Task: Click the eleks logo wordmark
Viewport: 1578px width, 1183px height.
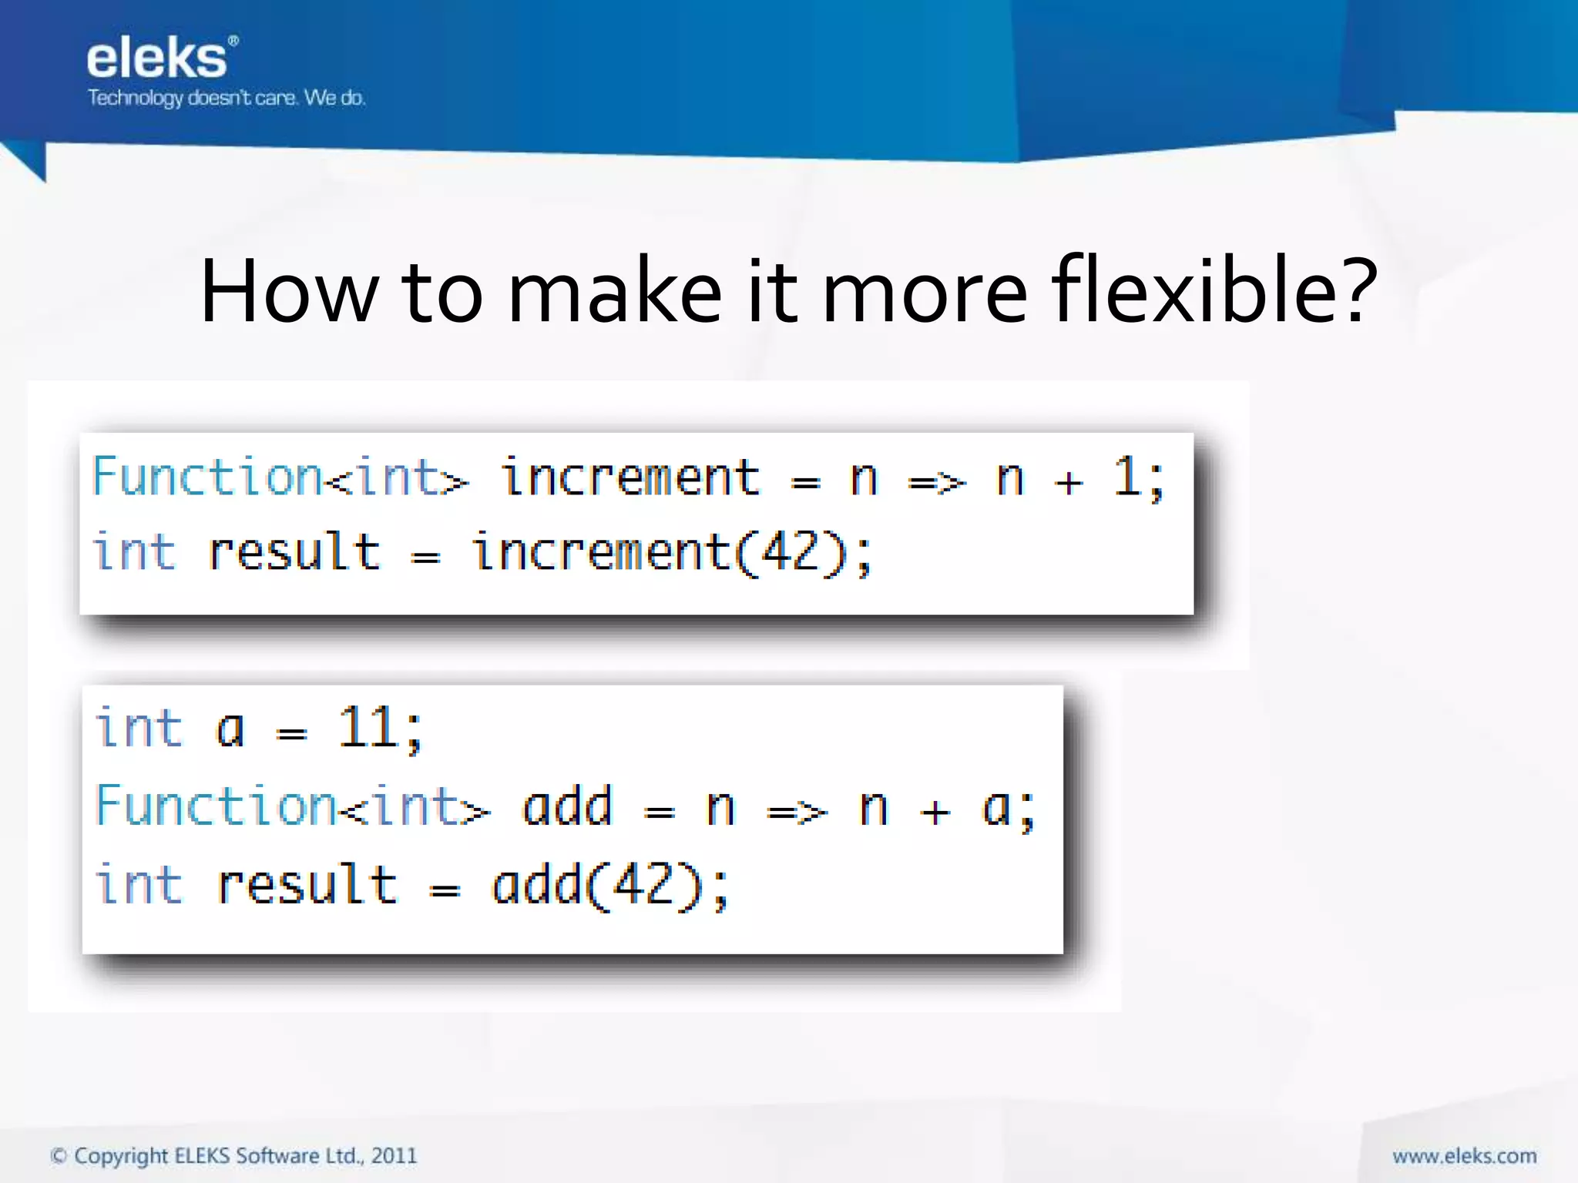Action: (158, 59)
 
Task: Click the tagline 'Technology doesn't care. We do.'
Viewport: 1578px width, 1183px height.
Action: (227, 98)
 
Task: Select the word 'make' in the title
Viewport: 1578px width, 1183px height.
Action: (614, 292)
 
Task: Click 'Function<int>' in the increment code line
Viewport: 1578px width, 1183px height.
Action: (280, 478)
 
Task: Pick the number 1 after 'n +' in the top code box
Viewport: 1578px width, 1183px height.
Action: (1127, 477)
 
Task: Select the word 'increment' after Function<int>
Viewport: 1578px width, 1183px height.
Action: (630, 478)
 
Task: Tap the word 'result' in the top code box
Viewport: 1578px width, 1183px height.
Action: (294, 553)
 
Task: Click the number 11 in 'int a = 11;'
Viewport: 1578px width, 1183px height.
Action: (368, 728)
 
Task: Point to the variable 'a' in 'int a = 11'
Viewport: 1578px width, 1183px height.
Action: (230, 730)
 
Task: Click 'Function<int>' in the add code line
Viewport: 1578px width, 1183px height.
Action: (292, 807)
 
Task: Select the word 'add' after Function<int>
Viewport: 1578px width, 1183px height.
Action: (567, 807)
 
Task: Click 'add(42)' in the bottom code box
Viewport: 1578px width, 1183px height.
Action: (599, 886)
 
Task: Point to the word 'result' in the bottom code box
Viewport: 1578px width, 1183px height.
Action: (307, 886)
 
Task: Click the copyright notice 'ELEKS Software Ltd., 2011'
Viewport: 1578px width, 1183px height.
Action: (296, 1156)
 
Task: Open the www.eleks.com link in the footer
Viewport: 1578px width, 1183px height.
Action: (1464, 1156)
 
